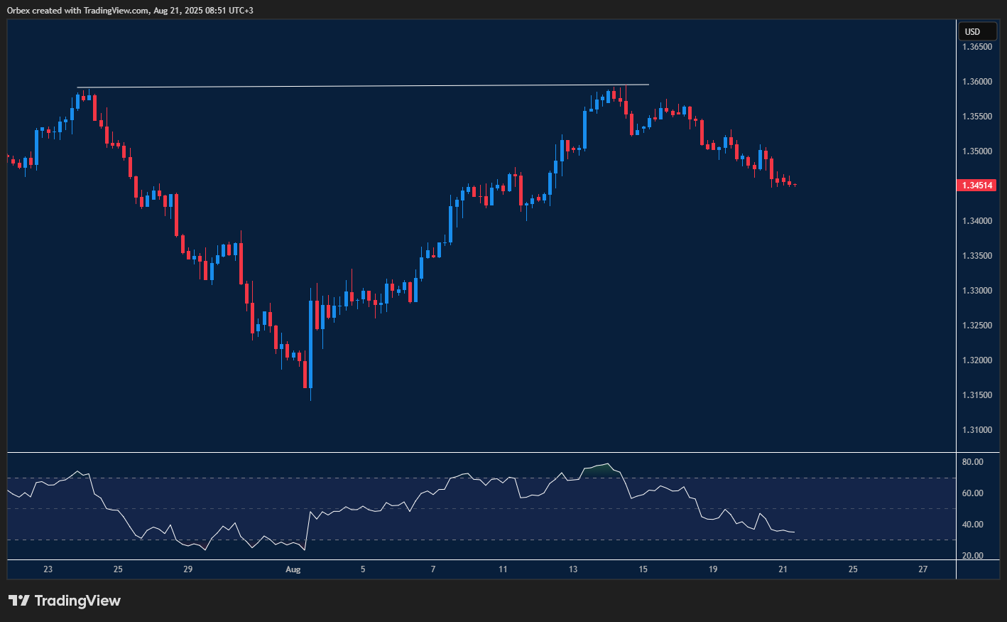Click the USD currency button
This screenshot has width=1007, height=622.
pos(977,31)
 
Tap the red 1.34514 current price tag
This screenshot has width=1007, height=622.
pos(977,185)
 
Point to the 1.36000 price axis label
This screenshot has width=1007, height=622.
pos(977,82)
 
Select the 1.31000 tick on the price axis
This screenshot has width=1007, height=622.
pos(977,430)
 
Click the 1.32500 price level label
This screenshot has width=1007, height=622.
pos(977,326)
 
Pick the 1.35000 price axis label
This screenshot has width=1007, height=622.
pos(977,151)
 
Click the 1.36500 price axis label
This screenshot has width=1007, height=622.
pos(977,47)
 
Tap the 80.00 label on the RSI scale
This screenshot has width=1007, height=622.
pos(972,462)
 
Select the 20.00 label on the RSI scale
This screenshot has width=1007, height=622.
pos(972,556)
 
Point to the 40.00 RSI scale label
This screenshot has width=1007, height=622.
pos(972,525)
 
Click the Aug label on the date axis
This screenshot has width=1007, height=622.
pos(293,569)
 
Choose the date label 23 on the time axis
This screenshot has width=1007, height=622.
pos(48,569)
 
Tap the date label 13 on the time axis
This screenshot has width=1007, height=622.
pos(573,569)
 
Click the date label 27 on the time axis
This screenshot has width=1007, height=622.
pos(922,569)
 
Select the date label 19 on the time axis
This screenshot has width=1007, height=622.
pos(713,569)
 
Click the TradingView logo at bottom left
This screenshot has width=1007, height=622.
pos(65,601)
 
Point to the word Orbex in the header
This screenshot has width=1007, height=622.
pos(18,11)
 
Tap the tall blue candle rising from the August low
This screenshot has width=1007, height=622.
pos(311,341)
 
